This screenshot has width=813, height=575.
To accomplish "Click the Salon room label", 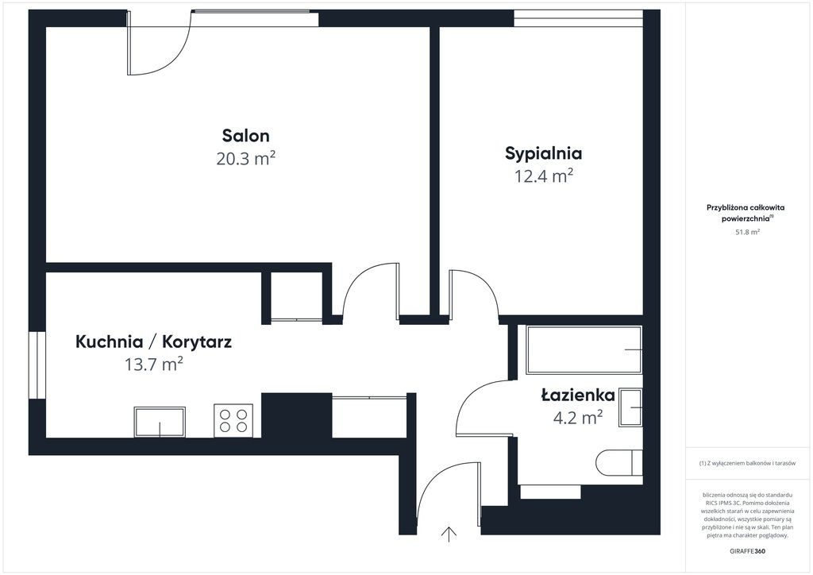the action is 246,136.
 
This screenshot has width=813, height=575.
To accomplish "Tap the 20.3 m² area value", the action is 246,158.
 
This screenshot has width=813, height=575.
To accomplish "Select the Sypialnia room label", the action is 543,154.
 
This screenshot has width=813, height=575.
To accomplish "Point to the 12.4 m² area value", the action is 543,176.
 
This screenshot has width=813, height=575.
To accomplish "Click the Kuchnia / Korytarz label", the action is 153,342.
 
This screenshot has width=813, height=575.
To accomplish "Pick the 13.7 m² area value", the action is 153,365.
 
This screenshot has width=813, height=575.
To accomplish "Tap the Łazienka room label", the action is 578,395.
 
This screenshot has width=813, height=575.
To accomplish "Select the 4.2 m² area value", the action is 578,417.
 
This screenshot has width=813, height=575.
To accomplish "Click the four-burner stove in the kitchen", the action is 233,420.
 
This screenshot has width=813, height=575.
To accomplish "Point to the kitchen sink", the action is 160,422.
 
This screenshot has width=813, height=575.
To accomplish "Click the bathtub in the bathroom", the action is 584,350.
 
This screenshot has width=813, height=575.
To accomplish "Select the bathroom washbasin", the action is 630,407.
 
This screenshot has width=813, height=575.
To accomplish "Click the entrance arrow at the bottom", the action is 449,534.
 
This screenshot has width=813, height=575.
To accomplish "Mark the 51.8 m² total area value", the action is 747,232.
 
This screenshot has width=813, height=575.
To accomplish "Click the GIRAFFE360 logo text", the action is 747,551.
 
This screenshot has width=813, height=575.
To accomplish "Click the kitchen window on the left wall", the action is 37,365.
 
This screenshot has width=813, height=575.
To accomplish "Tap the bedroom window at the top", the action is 578,18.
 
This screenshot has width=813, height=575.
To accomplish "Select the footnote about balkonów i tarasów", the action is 747,463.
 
